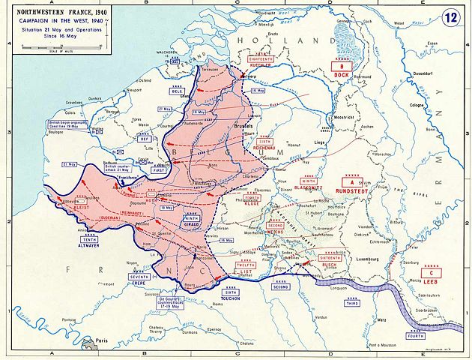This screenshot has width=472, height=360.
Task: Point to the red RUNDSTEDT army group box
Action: click(349, 186)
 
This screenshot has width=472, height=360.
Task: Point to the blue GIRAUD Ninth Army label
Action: click(193, 222)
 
